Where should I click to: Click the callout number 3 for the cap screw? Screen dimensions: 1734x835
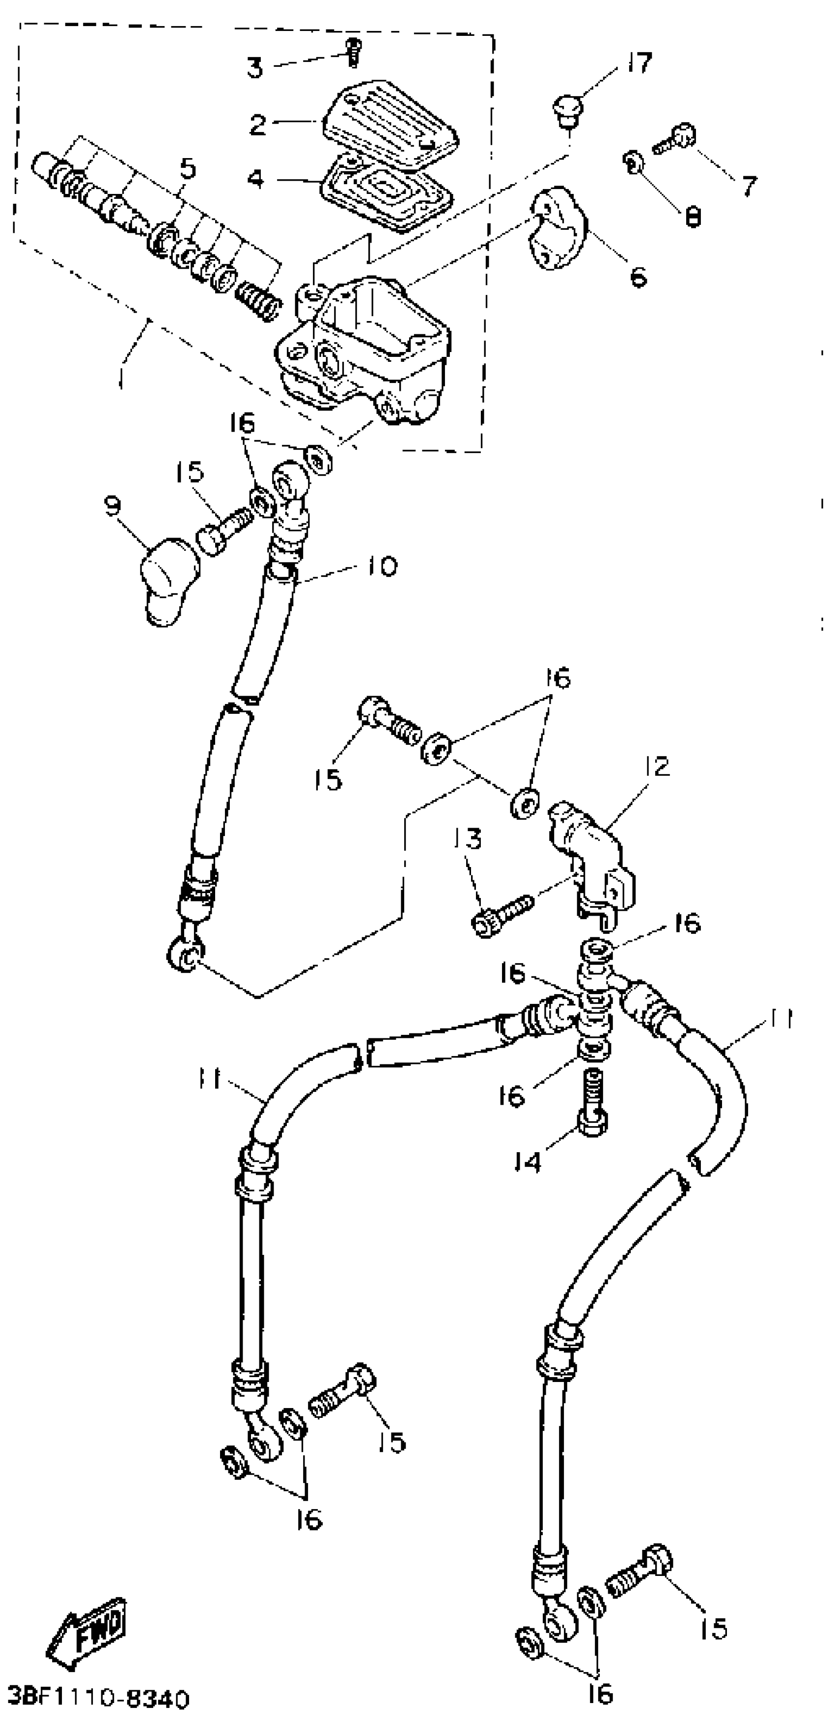pyautogui.click(x=254, y=67)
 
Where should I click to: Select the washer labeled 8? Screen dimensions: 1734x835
pyautogui.click(x=632, y=162)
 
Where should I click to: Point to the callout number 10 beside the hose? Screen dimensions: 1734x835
pyautogui.click(x=383, y=566)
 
